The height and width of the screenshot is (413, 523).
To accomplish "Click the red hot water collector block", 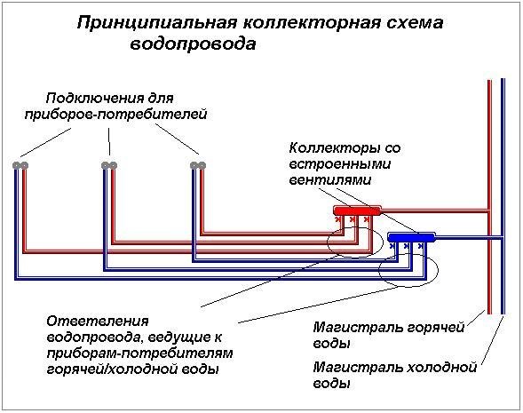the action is [x=357, y=210].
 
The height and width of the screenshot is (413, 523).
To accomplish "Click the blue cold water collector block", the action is [x=411, y=237].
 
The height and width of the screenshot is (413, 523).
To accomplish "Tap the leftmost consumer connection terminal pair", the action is [x=20, y=165].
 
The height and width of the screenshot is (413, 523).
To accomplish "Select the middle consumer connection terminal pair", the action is [x=109, y=165].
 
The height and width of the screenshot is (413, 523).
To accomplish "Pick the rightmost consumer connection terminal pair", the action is [x=198, y=165].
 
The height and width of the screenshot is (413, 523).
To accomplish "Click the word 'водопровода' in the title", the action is [x=193, y=44].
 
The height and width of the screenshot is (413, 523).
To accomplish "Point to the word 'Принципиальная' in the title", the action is [x=157, y=23].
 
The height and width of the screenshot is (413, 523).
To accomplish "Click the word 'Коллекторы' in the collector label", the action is [x=331, y=147].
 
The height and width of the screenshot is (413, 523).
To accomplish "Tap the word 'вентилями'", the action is [x=330, y=180].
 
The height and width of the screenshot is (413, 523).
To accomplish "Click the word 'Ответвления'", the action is [x=98, y=322].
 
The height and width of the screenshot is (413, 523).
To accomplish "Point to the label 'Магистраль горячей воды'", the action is [x=389, y=335].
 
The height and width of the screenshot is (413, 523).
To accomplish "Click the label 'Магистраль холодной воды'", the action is [x=395, y=375].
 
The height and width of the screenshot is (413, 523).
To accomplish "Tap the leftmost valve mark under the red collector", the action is [x=338, y=219].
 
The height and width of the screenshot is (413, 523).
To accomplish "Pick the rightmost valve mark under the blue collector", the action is [x=421, y=246].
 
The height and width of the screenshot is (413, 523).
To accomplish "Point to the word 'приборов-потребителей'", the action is [x=115, y=115].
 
